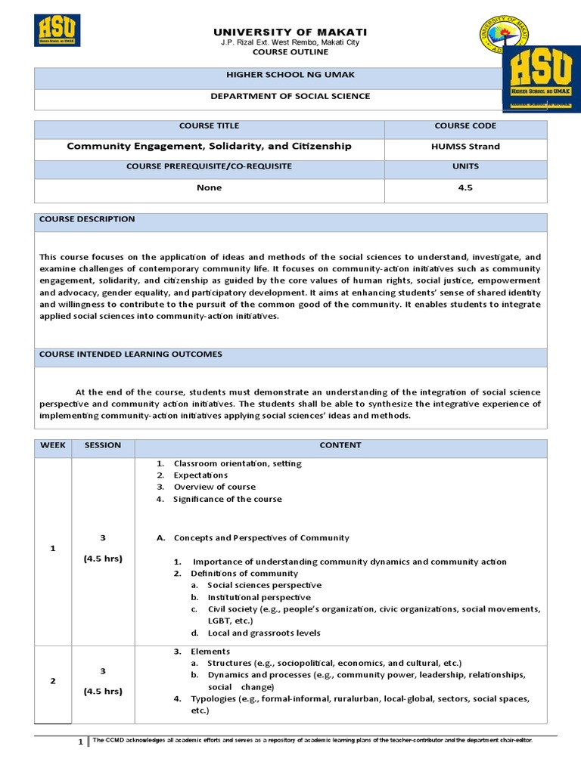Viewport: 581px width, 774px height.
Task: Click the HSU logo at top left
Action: (x=57, y=30)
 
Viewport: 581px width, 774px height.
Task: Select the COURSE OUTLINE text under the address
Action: (x=290, y=52)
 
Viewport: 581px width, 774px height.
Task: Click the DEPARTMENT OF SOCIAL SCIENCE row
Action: (x=290, y=96)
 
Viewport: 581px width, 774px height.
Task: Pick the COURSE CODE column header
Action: (x=466, y=125)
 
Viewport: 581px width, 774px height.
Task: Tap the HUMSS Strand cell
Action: (x=466, y=146)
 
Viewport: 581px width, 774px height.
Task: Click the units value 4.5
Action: (x=466, y=187)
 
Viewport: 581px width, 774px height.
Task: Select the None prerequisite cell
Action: (x=210, y=187)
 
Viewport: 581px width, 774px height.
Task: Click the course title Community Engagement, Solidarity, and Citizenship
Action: (x=210, y=146)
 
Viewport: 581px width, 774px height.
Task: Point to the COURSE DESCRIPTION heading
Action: (x=88, y=219)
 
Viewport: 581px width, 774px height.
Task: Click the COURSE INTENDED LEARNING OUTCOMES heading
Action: (x=131, y=354)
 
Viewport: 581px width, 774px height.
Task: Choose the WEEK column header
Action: (x=53, y=445)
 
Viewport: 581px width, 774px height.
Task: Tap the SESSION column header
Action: (x=103, y=445)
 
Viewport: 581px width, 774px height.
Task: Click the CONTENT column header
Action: (x=340, y=445)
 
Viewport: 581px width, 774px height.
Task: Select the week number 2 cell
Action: (x=53, y=681)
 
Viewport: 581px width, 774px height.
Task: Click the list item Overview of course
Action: (x=215, y=487)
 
